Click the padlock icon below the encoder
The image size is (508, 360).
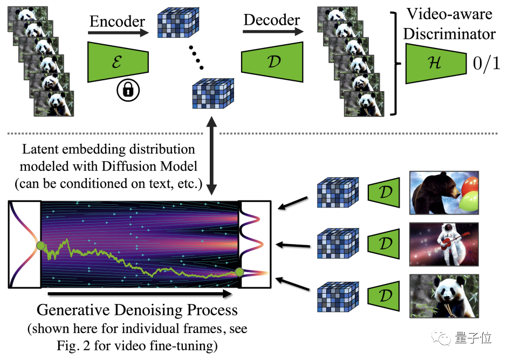pos(127,90)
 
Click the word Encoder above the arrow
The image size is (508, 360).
pos(117,22)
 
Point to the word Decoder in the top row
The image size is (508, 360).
pos(272,20)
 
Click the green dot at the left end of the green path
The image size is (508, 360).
pos(40,247)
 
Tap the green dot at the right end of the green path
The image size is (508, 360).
pos(239,272)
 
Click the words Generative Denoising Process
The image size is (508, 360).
pos(137,311)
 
